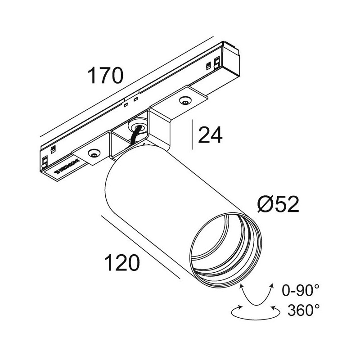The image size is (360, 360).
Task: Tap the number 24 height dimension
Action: click(x=211, y=135)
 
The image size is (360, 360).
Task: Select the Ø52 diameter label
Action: click(x=278, y=205)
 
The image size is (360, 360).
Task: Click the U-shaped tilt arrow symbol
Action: click(x=257, y=295)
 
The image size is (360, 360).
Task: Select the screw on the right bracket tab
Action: click(x=184, y=100)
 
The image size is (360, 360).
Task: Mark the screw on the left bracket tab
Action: click(x=94, y=154)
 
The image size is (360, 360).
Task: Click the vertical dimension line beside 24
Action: click(x=193, y=134)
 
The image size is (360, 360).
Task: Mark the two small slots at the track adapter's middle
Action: click(x=131, y=101)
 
